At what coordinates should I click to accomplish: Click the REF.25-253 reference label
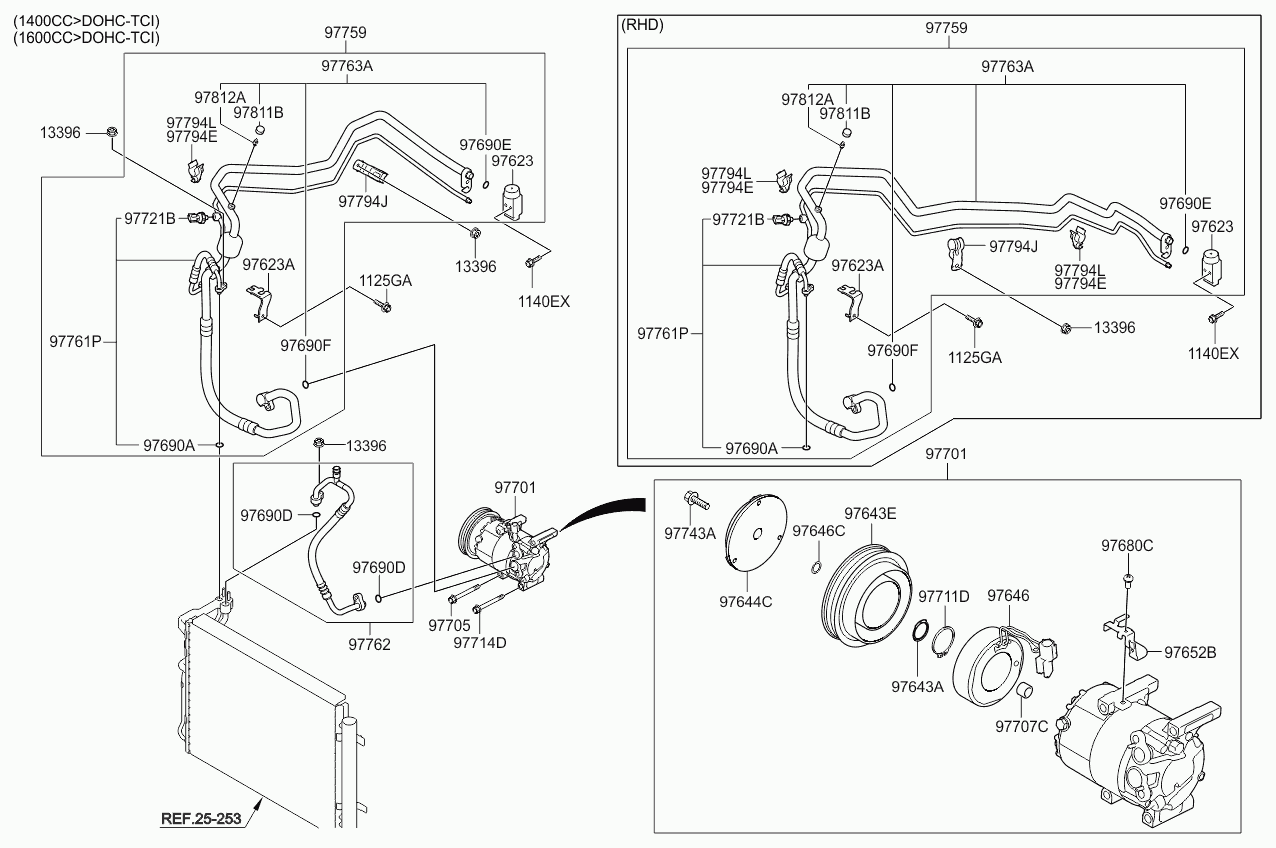point(201,819)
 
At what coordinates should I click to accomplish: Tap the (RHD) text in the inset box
point(642,25)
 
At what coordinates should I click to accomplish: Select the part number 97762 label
point(369,644)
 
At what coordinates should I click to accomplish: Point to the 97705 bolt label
point(449,625)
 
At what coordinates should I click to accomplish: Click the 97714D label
point(480,642)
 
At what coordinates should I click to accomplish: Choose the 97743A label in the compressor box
point(690,534)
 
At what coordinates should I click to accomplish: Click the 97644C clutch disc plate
point(756,532)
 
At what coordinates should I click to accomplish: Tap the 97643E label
point(870,513)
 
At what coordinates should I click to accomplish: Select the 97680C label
point(1127,546)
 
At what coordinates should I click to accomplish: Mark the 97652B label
point(1190,653)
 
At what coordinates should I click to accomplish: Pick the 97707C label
point(1021,727)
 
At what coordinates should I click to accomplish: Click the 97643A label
point(917,687)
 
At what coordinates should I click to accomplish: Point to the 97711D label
point(943,596)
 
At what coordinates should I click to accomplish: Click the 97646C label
point(819,531)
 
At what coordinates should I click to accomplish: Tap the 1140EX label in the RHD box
point(1213,354)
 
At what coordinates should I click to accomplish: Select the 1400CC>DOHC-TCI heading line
point(86,22)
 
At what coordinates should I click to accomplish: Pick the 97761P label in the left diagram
point(75,342)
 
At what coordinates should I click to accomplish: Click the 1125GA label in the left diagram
point(385,281)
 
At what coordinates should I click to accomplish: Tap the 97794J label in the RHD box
point(1013,247)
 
